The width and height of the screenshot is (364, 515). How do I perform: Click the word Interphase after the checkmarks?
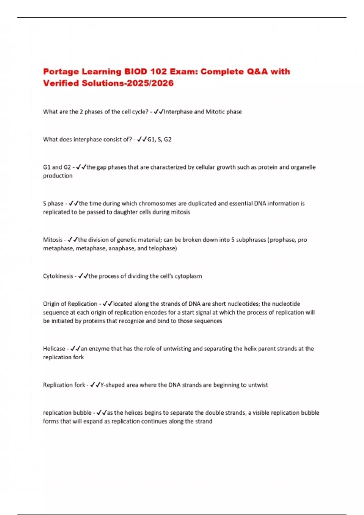178,112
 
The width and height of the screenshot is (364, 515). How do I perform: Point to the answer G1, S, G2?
159,139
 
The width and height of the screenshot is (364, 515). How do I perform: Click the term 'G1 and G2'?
57,167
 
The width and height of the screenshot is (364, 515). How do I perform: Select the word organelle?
303,167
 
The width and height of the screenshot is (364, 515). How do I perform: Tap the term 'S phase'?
53,204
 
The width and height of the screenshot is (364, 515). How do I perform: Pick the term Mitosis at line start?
52,240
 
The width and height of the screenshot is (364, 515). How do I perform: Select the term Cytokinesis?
58,276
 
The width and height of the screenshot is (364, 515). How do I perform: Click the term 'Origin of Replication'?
70,304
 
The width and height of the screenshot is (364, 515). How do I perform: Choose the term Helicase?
54,349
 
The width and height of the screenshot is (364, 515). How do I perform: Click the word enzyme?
99,349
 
